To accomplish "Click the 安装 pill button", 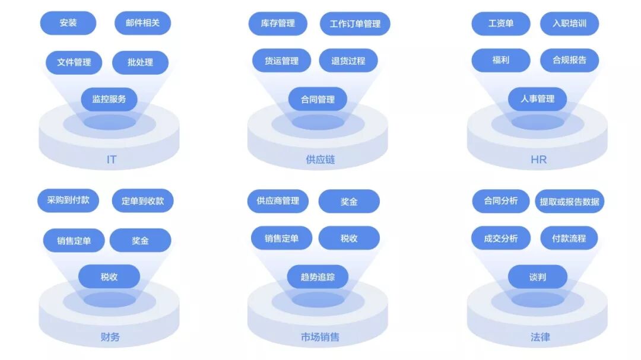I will click(68, 23).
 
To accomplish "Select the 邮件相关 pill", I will click(143, 23).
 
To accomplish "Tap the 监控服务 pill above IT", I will click(109, 99).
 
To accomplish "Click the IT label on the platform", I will click(111, 160).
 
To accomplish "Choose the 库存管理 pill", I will click(278, 23).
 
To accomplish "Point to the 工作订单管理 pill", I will click(355, 24).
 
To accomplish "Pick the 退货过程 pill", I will click(348, 60).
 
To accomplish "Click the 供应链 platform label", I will click(320, 160).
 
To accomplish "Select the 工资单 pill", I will click(501, 24).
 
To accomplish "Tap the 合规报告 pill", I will click(569, 60).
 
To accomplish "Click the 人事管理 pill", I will click(537, 99).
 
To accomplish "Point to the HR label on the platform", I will click(538, 160).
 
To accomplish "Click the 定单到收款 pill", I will click(142, 201).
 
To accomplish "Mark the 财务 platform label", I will click(110, 337).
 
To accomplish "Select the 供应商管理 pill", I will click(278, 200).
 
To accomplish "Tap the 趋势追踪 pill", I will click(318, 277).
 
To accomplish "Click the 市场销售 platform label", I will click(320, 337).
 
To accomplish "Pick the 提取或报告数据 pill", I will click(569, 201).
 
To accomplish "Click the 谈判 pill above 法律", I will click(537, 277).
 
